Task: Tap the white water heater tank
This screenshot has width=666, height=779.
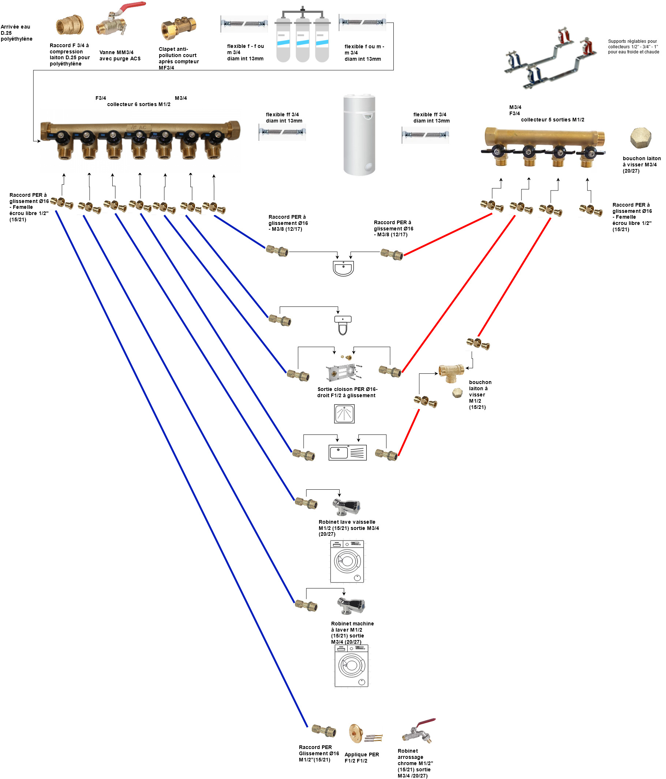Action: pyautogui.click(x=359, y=135)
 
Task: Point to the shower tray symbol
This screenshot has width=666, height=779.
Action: pyautogui.click(x=344, y=414)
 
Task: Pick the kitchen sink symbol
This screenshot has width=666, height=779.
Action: pyautogui.click(x=347, y=453)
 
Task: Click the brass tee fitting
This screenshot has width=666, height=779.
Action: pyautogui.click(x=451, y=372)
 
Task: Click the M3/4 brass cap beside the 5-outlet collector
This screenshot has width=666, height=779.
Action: pyautogui.click(x=640, y=138)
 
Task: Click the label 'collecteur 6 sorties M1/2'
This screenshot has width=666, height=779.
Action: pyautogui.click(x=138, y=105)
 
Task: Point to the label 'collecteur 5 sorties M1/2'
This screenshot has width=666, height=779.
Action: pyautogui.click(x=552, y=120)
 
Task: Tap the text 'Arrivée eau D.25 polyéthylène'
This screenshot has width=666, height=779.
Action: pyautogui.click(x=16, y=33)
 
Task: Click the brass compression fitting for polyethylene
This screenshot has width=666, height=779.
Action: pyautogui.click(x=70, y=26)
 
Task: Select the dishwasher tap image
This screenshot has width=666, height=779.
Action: pyautogui.click(x=347, y=507)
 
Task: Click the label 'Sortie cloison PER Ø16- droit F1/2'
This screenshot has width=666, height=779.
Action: pyautogui.click(x=347, y=392)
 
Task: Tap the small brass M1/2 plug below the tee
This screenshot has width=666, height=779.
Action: pyautogui.click(x=457, y=393)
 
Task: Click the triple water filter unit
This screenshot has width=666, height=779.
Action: pyautogui.click(x=303, y=36)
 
